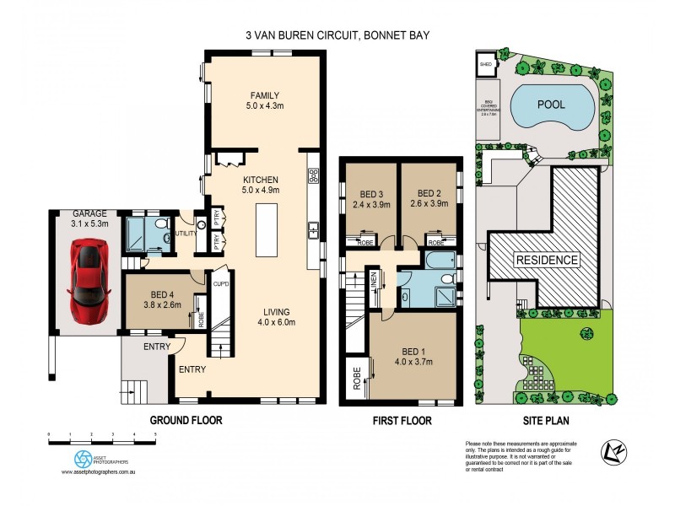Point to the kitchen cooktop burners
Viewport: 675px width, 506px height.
click(313, 175)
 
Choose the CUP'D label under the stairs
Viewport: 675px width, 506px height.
click(223, 283)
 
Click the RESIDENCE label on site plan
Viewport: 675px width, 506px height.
click(547, 260)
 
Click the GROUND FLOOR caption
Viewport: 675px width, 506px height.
click(186, 419)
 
